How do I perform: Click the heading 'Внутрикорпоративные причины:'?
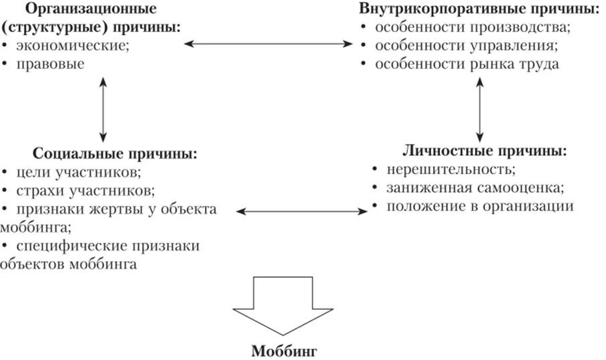coord(479,9)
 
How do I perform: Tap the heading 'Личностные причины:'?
coord(485,149)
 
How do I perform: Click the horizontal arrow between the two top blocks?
coord(269,44)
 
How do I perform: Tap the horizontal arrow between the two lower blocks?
coord(303,211)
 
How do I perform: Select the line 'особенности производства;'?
coord(472,28)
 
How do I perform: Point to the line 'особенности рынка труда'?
coord(466,64)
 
